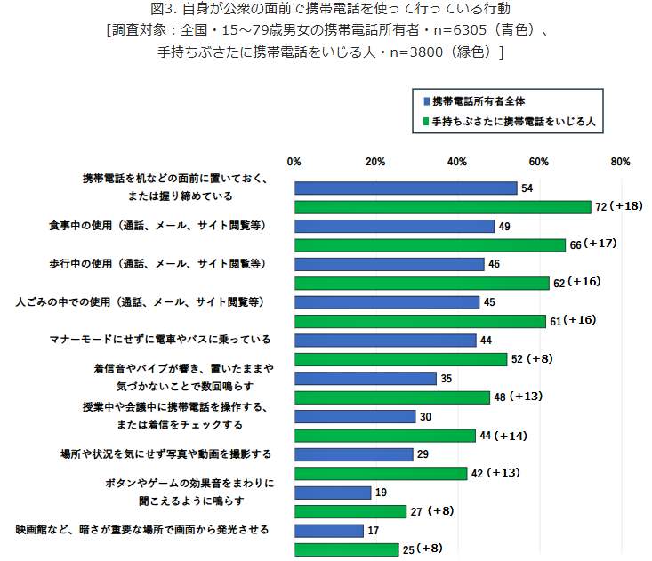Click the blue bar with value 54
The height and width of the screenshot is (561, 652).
click(x=405, y=188)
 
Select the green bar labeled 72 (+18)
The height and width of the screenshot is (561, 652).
click(x=442, y=207)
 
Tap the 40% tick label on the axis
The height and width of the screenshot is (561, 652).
click(x=457, y=162)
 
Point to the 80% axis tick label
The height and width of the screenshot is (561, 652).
click(x=620, y=162)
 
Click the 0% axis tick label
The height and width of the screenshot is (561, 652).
click(x=294, y=162)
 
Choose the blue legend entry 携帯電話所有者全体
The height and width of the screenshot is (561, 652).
click(x=485, y=101)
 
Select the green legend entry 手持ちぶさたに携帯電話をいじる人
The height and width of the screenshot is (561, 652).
click(x=512, y=121)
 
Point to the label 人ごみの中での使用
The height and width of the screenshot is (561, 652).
click(x=142, y=302)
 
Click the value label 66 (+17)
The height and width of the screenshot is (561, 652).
click(x=593, y=244)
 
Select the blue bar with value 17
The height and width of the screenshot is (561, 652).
click(x=328, y=531)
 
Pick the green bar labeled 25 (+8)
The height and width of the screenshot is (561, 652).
click(x=345, y=549)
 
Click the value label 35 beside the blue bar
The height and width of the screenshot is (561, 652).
click(x=447, y=379)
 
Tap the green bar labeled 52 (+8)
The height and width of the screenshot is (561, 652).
click(x=400, y=359)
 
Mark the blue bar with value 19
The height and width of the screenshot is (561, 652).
click(x=332, y=493)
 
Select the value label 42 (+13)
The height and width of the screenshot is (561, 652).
click(x=495, y=474)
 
